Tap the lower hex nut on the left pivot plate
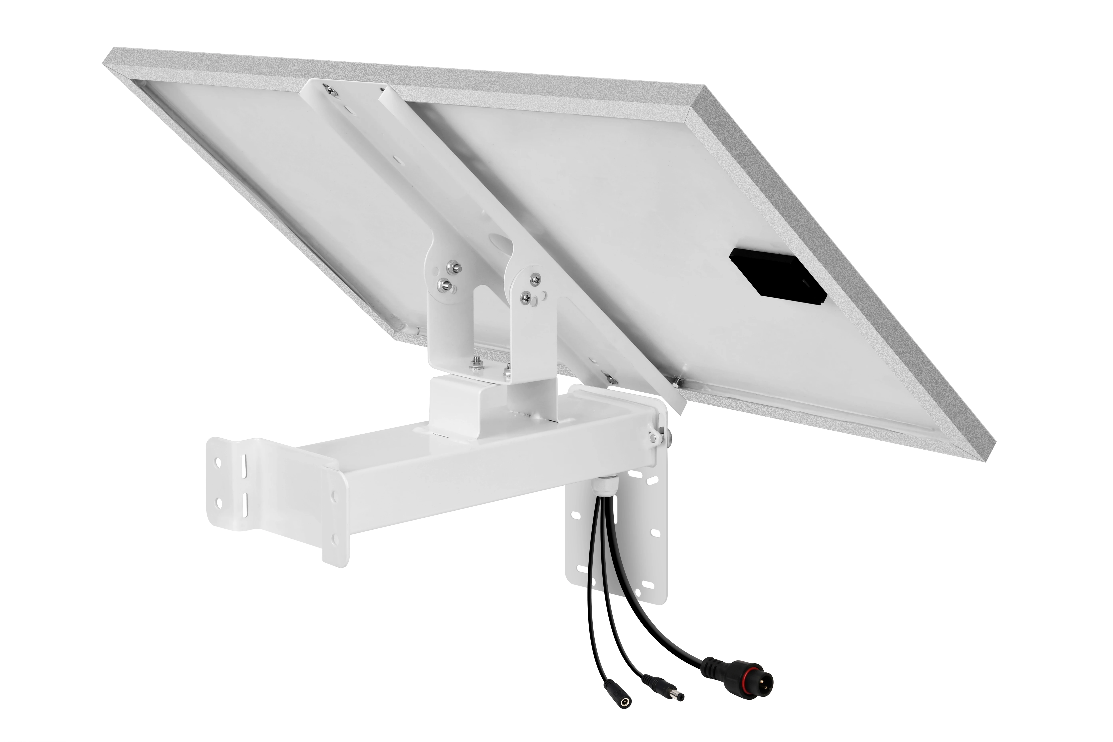coord(444,285)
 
